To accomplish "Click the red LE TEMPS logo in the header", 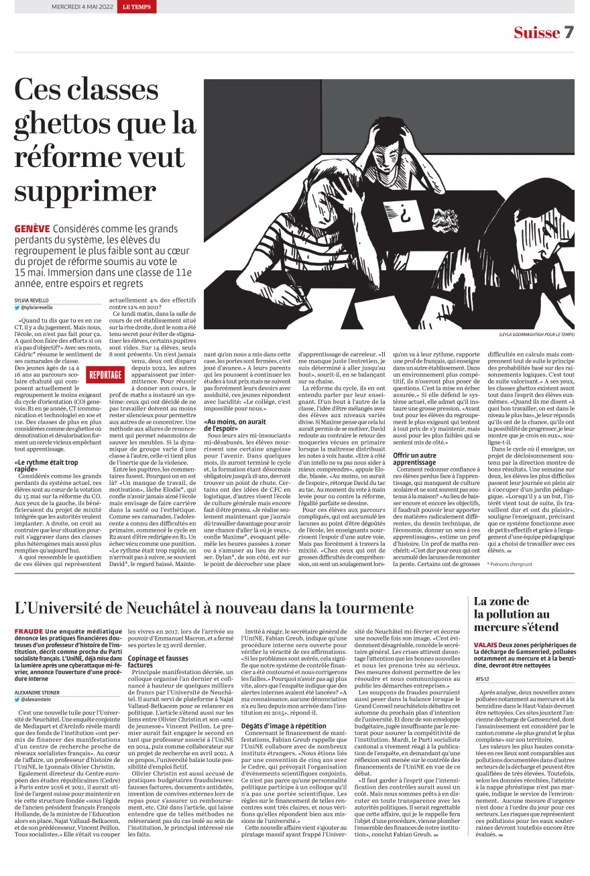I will pos(140,7).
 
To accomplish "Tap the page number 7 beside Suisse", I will pos(569,33).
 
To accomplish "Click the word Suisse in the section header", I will pos(536,33).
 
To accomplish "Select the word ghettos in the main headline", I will pos(85,124).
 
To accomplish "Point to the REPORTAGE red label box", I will pos(105,374).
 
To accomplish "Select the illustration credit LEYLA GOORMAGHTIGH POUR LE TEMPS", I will pos(536,333).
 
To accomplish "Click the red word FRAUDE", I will pos(28,632).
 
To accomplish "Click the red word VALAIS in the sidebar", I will pos(486,645).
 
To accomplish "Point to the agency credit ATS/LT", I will pos(483,679).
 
